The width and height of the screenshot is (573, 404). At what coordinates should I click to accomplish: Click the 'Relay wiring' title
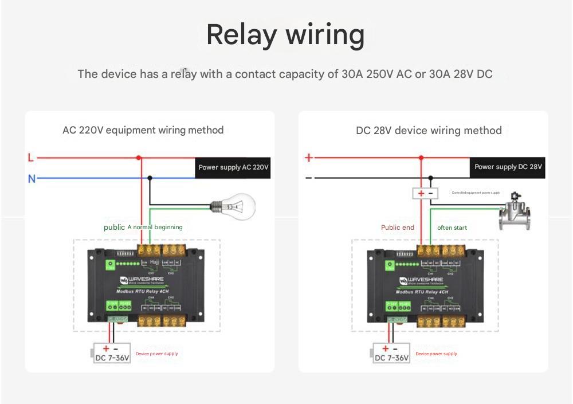[x=285, y=34]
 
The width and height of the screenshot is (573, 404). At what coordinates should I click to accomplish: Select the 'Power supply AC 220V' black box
[x=233, y=167]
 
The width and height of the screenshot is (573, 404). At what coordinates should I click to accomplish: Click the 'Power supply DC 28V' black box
[x=508, y=167]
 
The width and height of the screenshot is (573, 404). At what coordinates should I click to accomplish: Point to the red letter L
[x=31, y=157]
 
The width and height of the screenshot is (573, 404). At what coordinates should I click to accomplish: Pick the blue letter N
[x=32, y=179]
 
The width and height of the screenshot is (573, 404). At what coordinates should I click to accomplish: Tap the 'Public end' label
[x=398, y=228]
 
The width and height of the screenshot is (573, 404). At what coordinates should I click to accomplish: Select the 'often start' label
[x=452, y=228]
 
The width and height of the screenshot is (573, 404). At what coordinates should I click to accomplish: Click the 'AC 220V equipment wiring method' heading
[x=143, y=130]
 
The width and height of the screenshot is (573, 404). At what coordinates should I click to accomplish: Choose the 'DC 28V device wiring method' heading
[x=429, y=131]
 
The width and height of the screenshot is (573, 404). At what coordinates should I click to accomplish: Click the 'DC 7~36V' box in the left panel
[x=112, y=354]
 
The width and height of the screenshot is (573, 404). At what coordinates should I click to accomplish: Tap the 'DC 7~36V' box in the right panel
[x=391, y=354]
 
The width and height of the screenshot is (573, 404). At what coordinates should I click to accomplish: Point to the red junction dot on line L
[x=139, y=158]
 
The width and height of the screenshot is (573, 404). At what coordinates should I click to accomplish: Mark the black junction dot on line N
[x=150, y=178]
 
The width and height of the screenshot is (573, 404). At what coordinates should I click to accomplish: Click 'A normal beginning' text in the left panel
[x=155, y=227]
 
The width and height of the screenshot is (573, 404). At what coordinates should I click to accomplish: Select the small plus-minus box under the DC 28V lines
[x=426, y=193]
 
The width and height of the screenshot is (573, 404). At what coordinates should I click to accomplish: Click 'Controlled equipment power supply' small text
[x=476, y=193]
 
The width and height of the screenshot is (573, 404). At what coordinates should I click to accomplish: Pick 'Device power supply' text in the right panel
[x=436, y=354]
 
